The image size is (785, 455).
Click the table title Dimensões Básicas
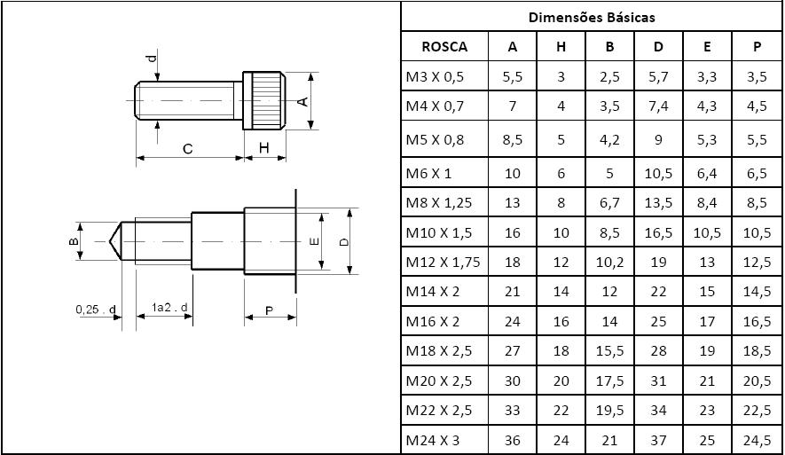click(592, 18)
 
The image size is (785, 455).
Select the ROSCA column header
click(444, 46)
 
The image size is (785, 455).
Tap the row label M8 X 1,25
click(438, 203)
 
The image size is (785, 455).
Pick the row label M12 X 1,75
click(444, 262)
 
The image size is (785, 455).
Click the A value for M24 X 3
click(512, 441)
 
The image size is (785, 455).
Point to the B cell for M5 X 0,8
click(609, 139)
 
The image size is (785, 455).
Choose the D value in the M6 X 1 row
click(658, 173)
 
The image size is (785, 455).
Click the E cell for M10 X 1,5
click(707, 232)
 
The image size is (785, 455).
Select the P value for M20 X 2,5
click(757, 380)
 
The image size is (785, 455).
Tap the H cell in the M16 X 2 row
click(561, 321)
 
